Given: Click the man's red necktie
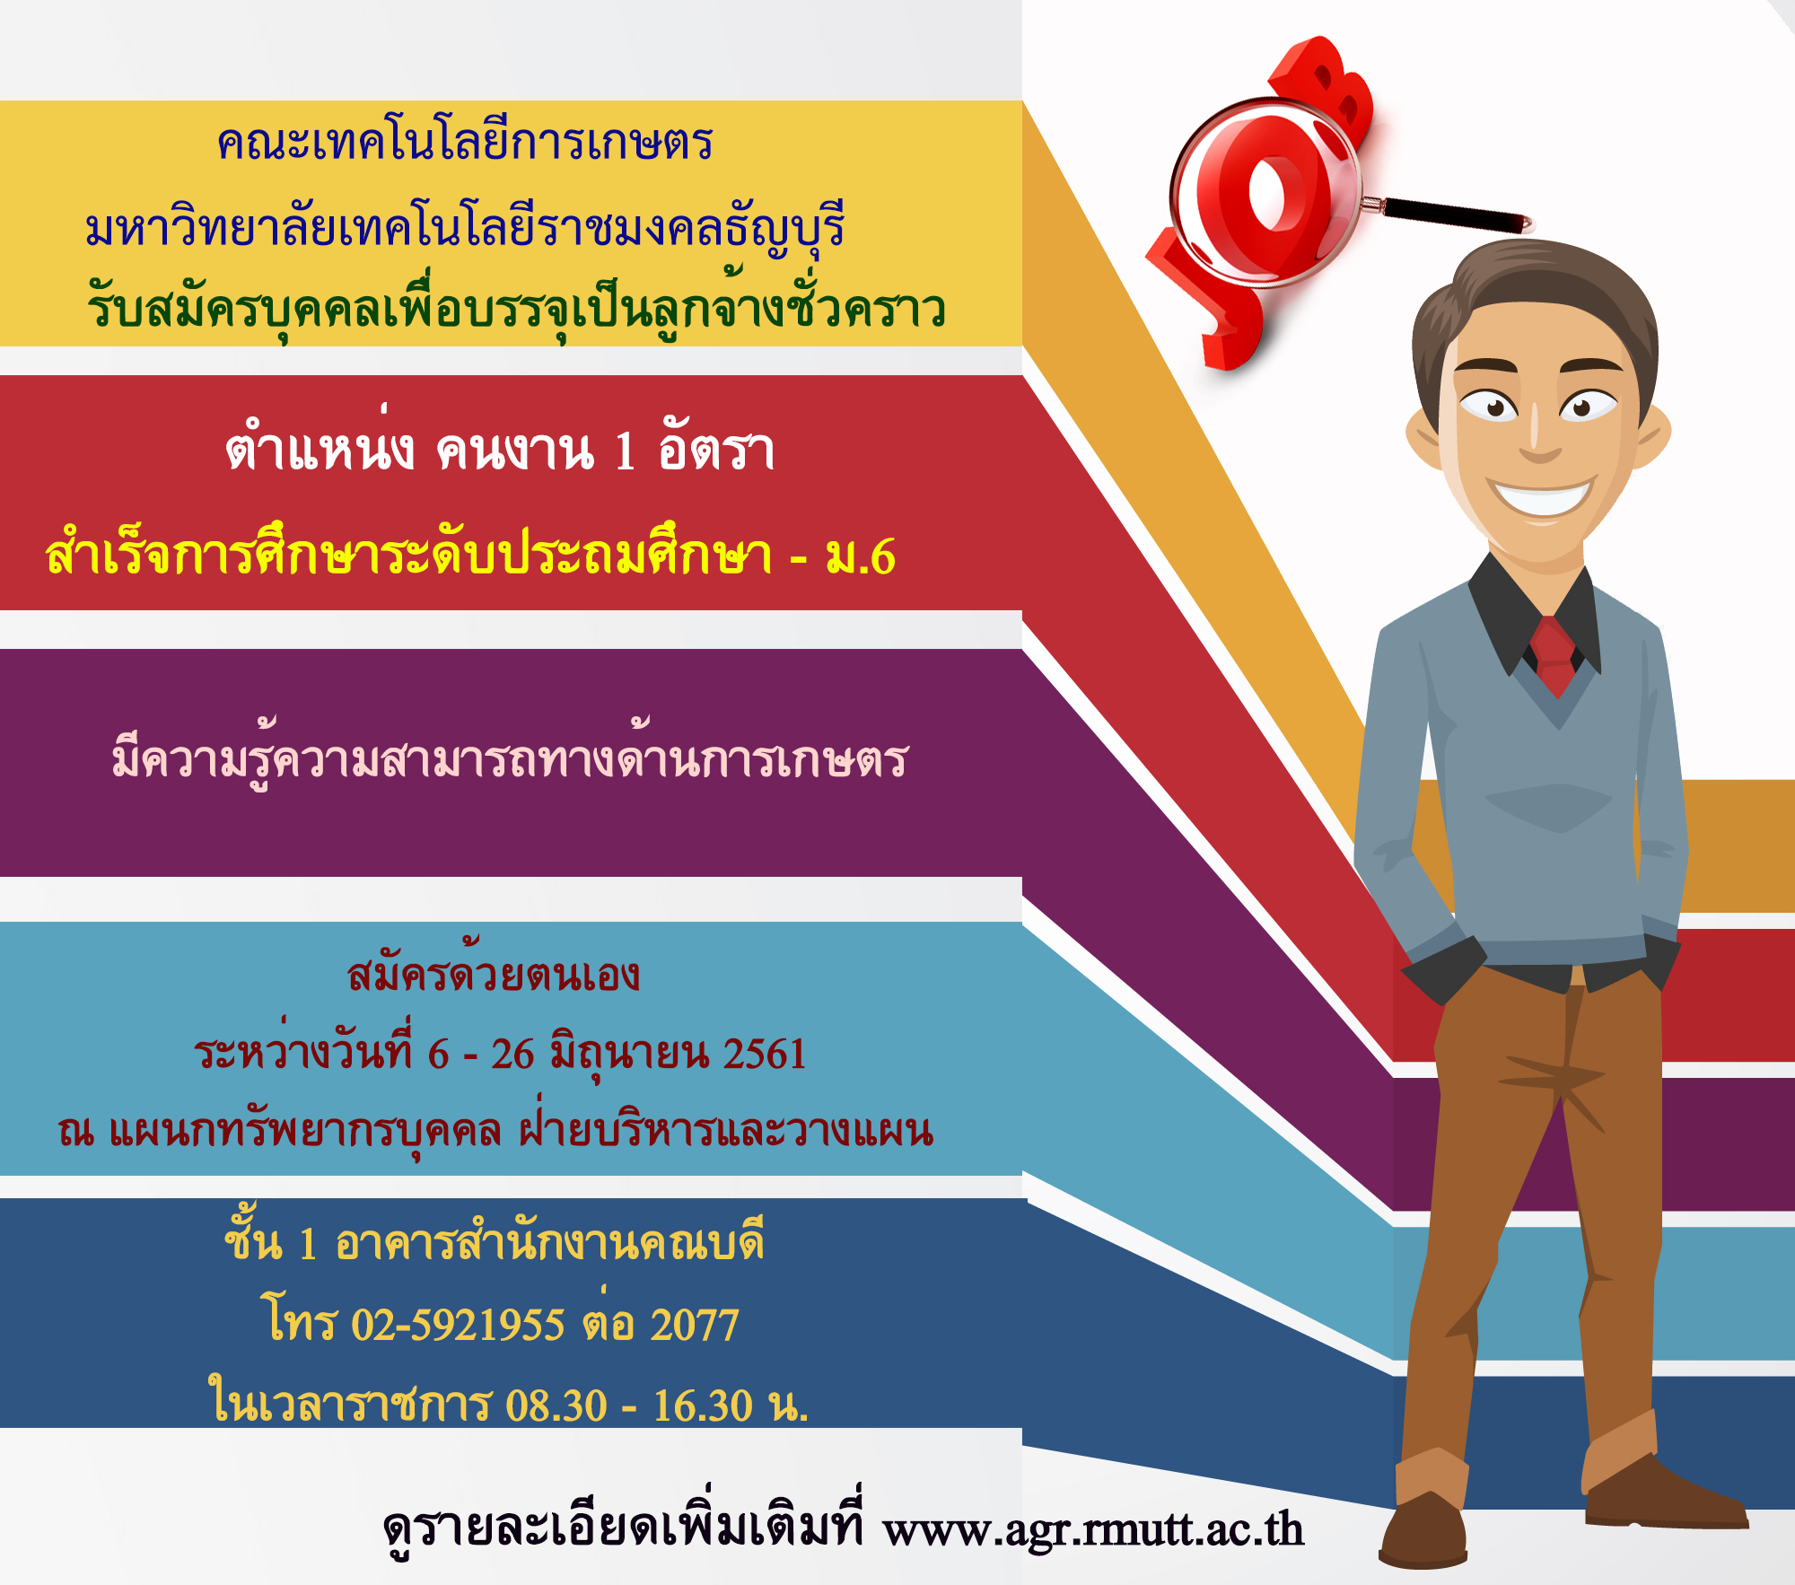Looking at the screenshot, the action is (x=1554, y=655).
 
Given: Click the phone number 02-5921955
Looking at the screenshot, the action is (x=458, y=1325).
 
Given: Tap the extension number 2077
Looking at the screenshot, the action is (x=695, y=1325).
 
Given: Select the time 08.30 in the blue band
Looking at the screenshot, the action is (x=556, y=1405).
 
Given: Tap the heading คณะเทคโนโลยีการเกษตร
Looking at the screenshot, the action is (x=465, y=141).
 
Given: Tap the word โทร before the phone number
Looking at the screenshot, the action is (x=300, y=1319).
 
